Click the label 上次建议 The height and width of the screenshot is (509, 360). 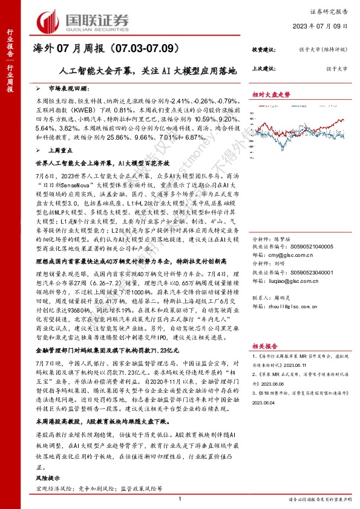[264, 68]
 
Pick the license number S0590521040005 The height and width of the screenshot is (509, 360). [307, 247]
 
